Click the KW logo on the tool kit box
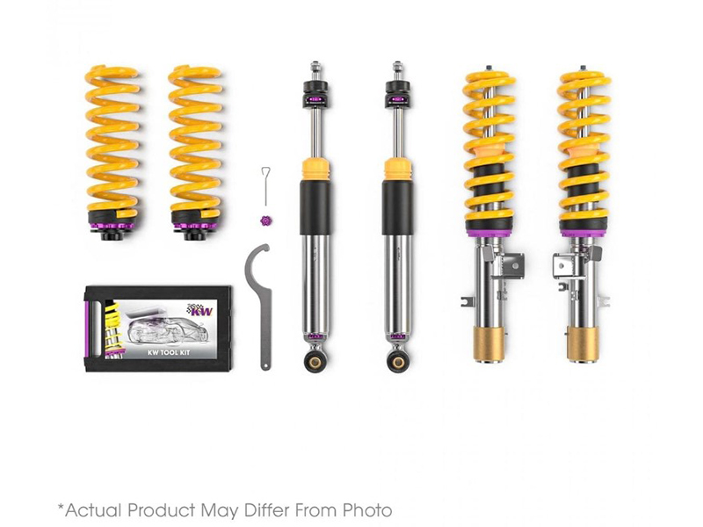coord(201,309)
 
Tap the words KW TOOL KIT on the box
coord(169,352)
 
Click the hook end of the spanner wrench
coord(257,253)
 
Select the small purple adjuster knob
coord(266,220)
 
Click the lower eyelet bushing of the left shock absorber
coord(316,359)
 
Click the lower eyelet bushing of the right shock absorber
coord(397,359)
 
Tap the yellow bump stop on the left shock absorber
coord(315,170)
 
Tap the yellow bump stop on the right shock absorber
coord(398,170)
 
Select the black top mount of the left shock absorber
coord(315,95)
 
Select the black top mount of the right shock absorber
coord(398,95)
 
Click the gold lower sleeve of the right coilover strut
coord(583,343)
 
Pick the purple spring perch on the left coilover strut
coord(489,233)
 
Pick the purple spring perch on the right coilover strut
coord(583,233)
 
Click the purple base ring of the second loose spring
coord(195,226)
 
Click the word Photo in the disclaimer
coord(367,510)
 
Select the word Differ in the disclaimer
coord(268,510)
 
